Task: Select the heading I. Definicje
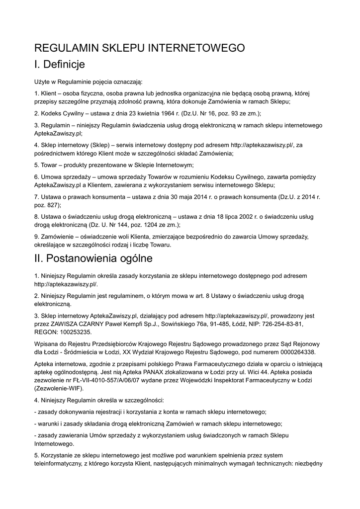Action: pos(60,65)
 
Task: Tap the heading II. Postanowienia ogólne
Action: pos(93,259)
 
